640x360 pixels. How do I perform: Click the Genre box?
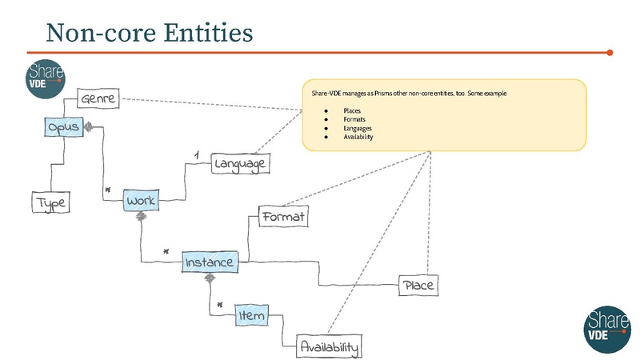pos(98,100)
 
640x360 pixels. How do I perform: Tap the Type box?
pos(50,203)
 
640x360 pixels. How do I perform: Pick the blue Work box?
pos(142,200)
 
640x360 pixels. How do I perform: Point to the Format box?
pos(283,216)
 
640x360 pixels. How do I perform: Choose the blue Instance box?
pos(210,262)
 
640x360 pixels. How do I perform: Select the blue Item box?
pos(250,316)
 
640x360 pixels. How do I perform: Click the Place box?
pos(419,285)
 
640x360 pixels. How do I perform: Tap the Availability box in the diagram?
pos(329,347)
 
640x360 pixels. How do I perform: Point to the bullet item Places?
pos(351,110)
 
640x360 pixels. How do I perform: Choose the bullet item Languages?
pos(357,128)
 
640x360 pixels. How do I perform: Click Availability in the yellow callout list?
pos(358,137)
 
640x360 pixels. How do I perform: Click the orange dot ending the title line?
pos(610,53)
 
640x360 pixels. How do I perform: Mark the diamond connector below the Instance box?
pos(210,278)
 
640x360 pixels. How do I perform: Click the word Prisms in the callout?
pos(386,94)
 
